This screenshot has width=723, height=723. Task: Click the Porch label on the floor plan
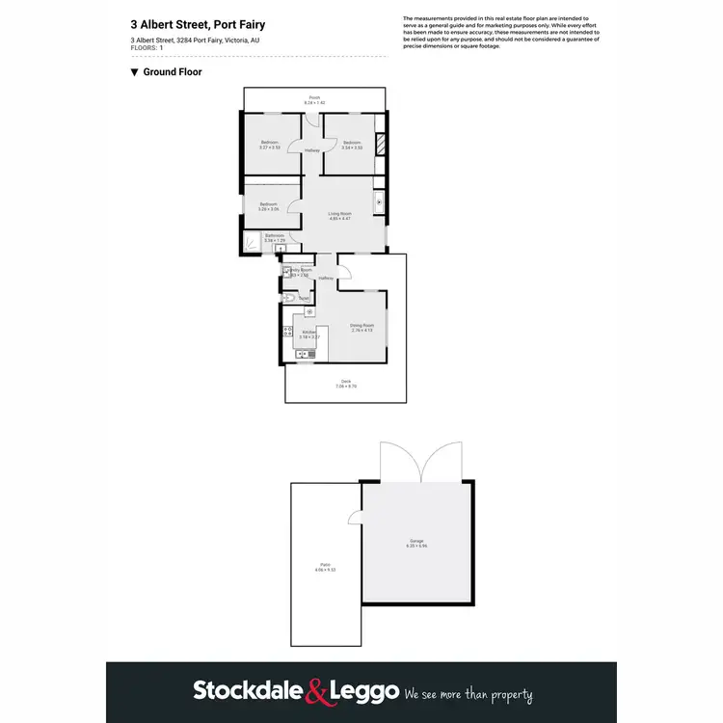pos(314,97)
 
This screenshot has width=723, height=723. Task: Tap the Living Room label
pos(339,214)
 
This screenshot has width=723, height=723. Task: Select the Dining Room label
pos(361,325)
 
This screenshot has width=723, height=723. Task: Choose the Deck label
pos(346,382)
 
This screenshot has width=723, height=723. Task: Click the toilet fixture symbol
pos(290,299)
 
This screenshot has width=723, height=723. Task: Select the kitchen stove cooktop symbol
pos(287,334)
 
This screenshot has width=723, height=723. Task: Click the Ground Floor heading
pos(172,71)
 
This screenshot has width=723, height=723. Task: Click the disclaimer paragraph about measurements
pos(500,32)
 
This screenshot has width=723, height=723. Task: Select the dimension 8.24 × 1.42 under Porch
pos(314,102)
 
